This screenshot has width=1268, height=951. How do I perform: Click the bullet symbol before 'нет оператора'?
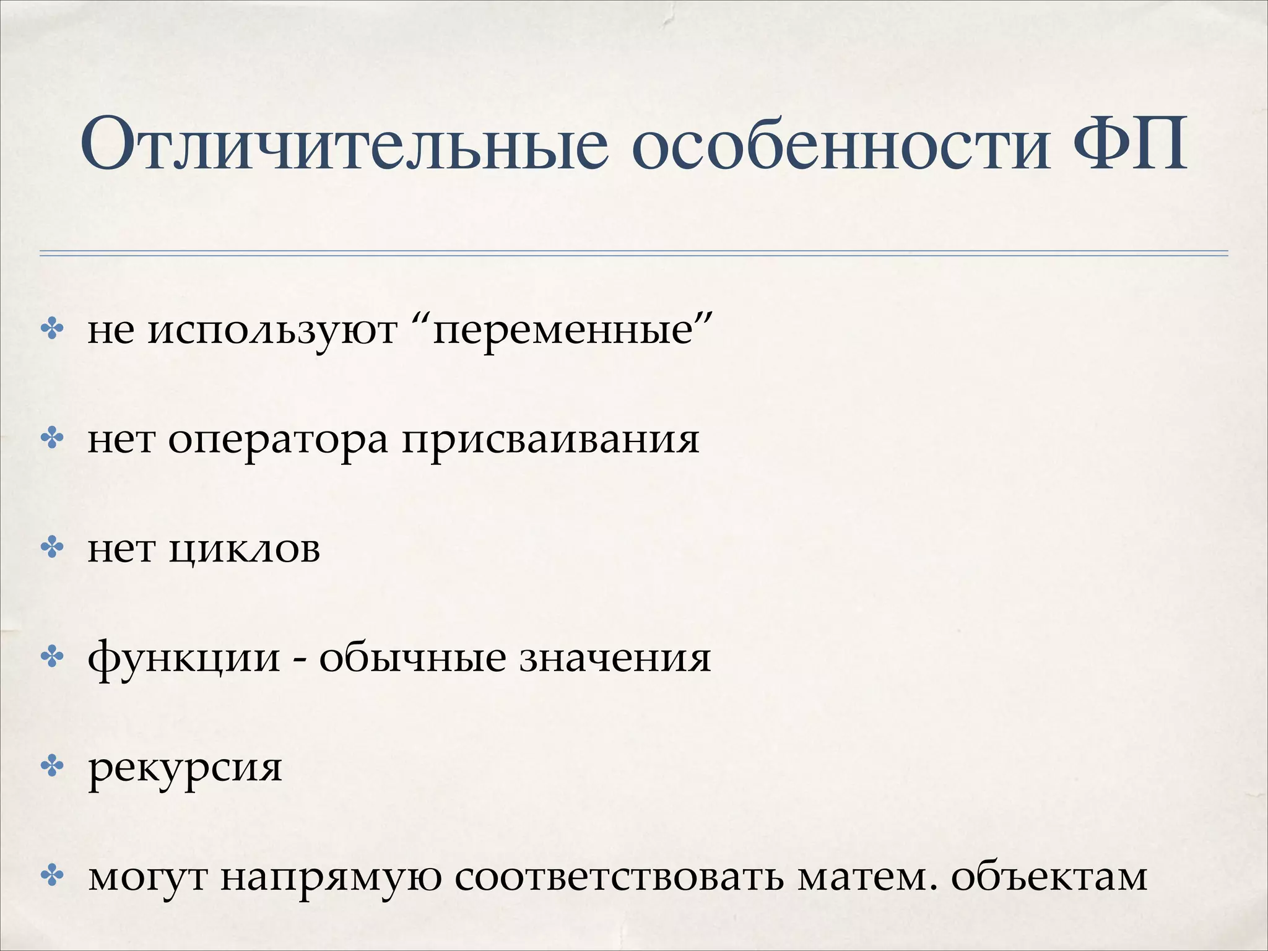53,439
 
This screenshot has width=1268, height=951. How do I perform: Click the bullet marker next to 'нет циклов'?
53,548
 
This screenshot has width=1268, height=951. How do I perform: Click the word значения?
615,658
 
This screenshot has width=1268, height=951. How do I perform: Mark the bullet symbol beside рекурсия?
53,767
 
